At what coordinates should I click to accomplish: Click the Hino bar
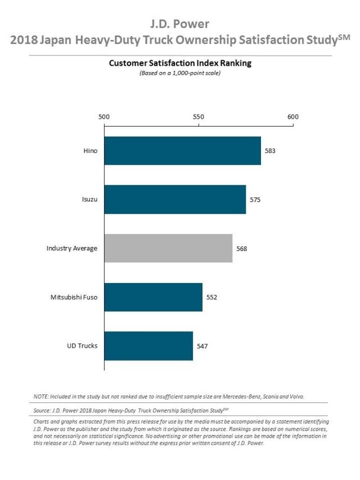click(182, 150)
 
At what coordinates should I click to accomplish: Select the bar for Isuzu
click(175, 199)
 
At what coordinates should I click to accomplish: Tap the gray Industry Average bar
click(168, 248)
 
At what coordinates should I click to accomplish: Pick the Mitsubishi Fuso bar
click(153, 297)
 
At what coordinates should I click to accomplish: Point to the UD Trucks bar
click(148, 346)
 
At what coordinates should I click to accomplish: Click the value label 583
click(270, 151)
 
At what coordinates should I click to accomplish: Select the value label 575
click(255, 200)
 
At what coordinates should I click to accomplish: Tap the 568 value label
click(241, 248)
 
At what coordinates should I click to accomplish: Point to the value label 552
click(211, 297)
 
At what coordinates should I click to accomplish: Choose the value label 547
click(202, 346)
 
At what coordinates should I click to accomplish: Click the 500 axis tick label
click(104, 117)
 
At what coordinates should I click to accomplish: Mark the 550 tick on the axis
click(198, 117)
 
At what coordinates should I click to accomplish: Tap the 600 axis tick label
click(292, 117)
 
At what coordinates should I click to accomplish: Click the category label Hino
click(89, 151)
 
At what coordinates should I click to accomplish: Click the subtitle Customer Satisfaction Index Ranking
click(180, 64)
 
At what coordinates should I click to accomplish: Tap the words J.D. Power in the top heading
click(180, 24)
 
